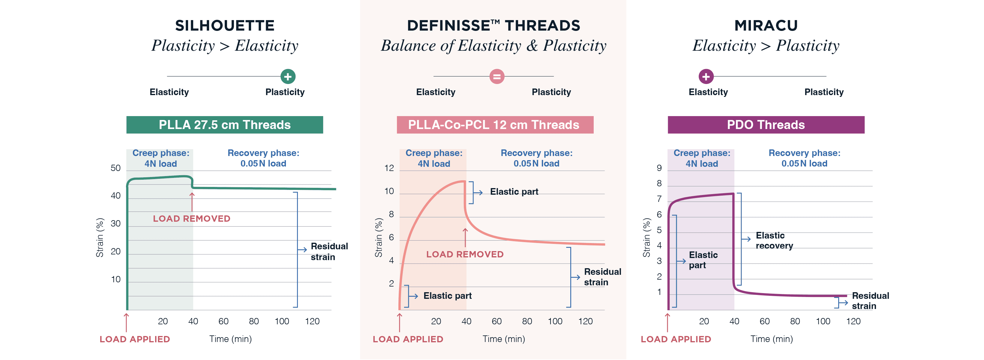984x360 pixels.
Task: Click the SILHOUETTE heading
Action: click(x=225, y=25)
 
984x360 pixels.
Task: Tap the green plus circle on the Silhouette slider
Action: click(x=288, y=76)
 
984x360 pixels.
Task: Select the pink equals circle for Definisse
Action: click(x=496, y=76)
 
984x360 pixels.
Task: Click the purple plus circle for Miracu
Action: click(x=706, y=76)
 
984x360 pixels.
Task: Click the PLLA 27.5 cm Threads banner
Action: click(x=225, y=125)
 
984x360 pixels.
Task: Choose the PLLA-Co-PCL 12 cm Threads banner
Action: click(x=495, y=125)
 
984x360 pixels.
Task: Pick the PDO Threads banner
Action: click(x=766, y=125)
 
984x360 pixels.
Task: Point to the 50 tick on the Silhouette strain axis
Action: click(x=115, y=168)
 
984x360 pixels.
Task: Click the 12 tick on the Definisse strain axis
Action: click(x=389, y=168)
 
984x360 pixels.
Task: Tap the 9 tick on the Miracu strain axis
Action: click(x=659, y=168)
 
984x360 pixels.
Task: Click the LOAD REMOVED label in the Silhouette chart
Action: click(x=191, y=219)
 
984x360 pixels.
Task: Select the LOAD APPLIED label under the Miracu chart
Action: click(x=676, y=339)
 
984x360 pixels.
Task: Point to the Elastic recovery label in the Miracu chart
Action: click(x=774, y=240)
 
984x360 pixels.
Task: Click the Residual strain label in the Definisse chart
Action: click(x=602, y=277)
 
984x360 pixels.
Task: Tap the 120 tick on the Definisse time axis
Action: click(x=585, y=321)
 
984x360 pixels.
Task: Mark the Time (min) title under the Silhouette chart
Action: click(x=230, y=339)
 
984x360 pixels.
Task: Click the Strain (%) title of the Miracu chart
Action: click(x=646, y=237)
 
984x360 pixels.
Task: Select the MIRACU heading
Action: click(x=766, y=25)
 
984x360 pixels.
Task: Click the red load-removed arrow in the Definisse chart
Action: click(x=465, y=237)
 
